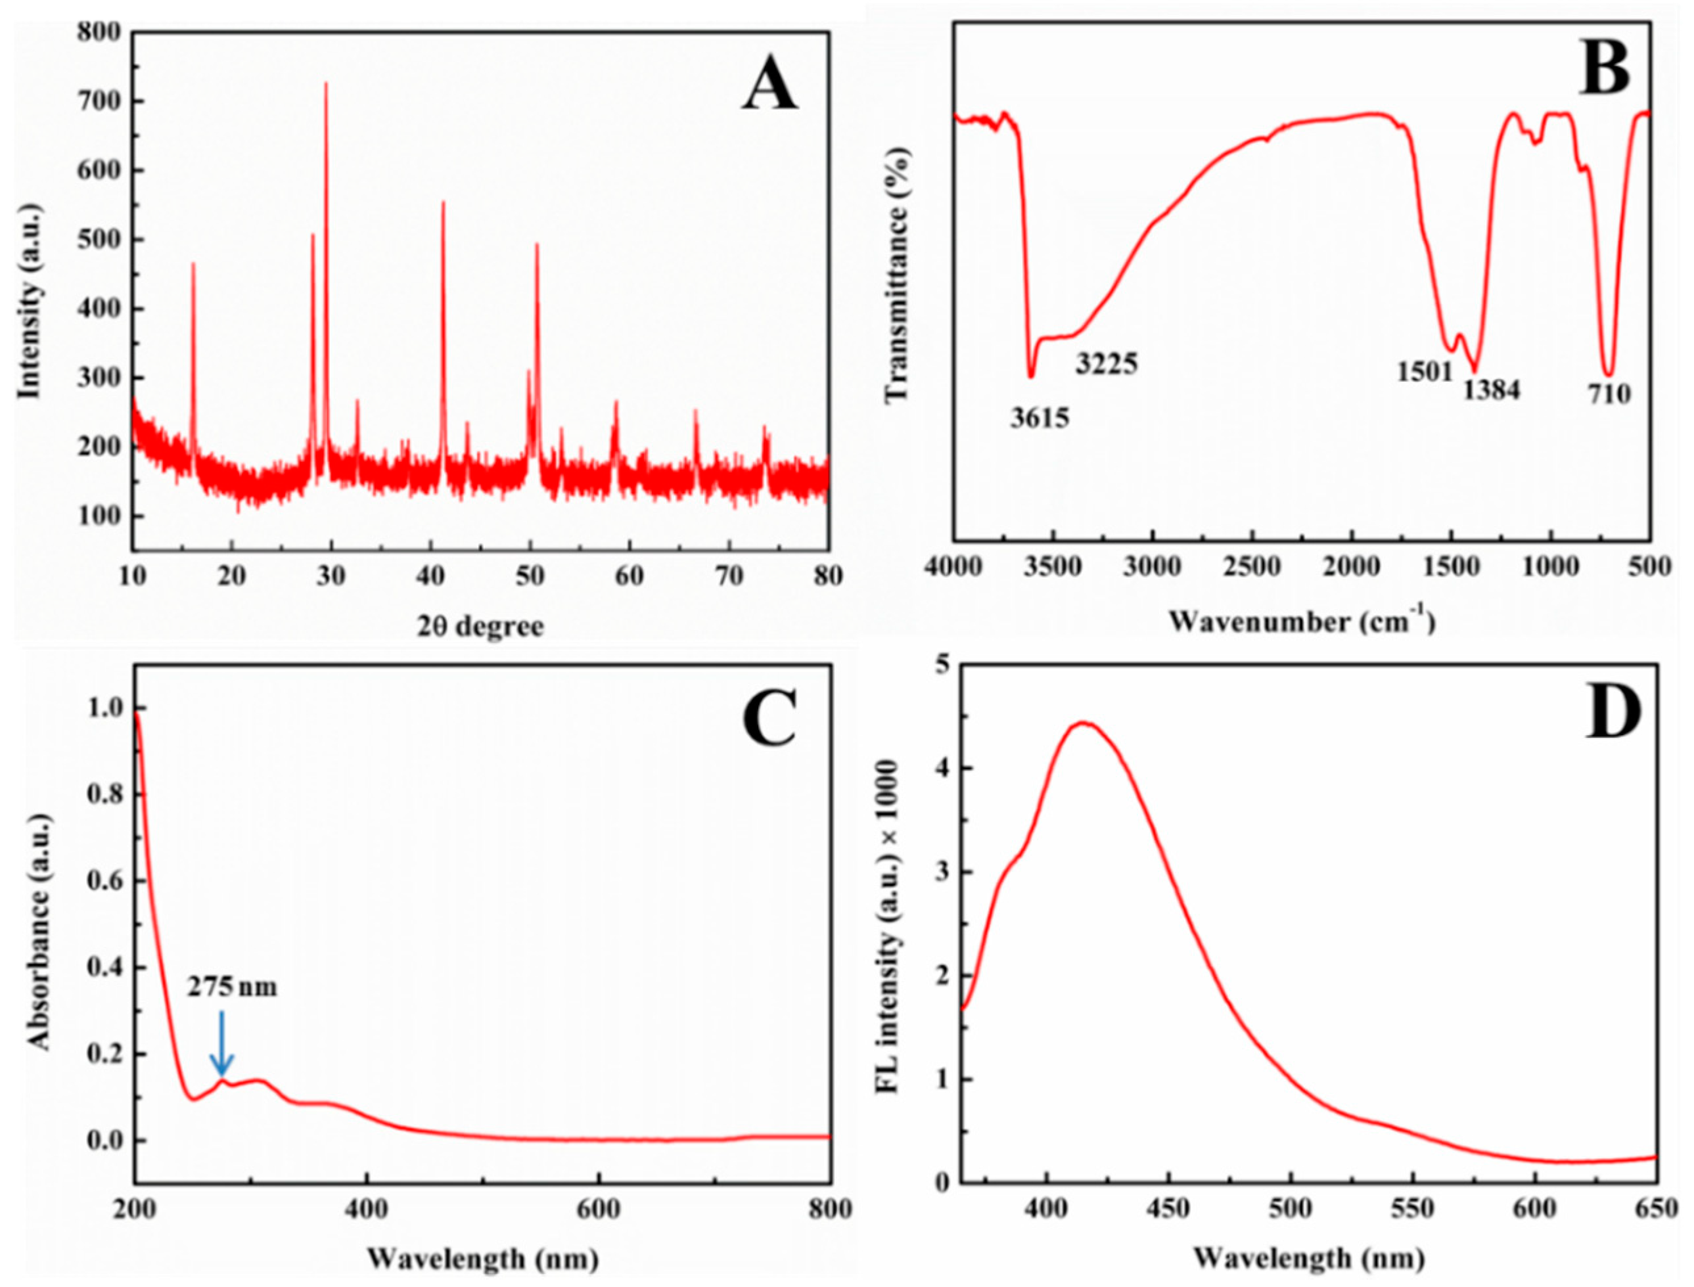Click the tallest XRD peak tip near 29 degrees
pos(327,83)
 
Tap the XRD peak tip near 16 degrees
pos(193,263)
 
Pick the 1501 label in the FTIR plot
pos(1425,373)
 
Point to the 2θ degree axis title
pos(480,627)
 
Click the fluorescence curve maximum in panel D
pos(1084,723)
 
